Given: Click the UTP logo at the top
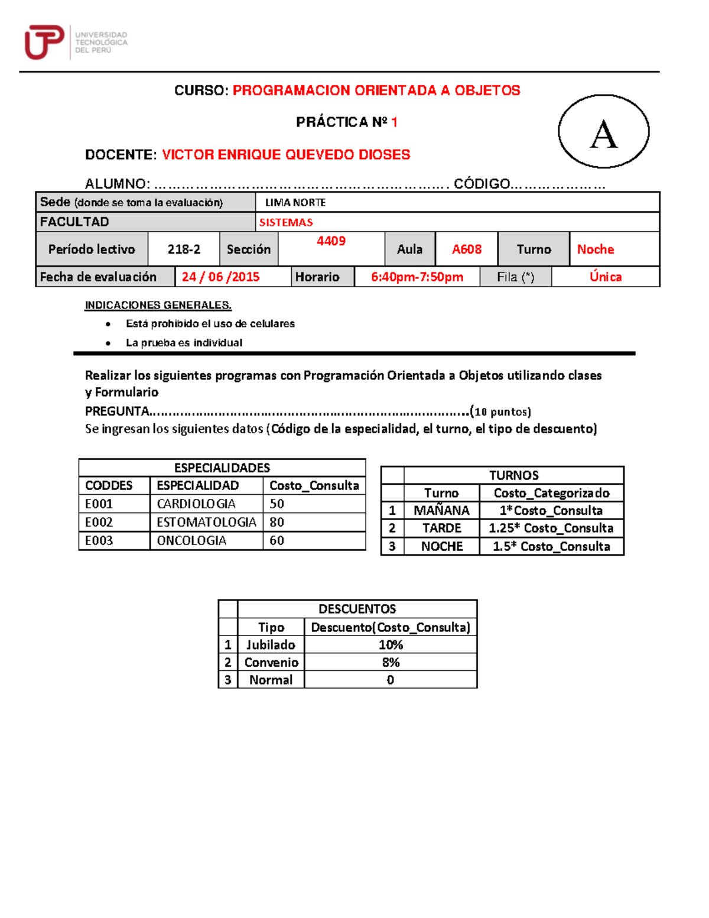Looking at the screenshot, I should pyautogui.click(x=76, y=42).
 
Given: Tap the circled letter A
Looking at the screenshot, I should pyautogui.click(x=603, y=132).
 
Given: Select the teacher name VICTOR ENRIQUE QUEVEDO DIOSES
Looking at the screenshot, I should pyautogui.click(x=286, y=155).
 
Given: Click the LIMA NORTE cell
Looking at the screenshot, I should pyautogui.click(x=295, y=203).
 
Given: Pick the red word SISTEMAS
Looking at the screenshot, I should pyautogui.click(x=286, y=223).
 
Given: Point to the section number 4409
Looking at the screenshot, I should pyautogui.click(x=331, y=241).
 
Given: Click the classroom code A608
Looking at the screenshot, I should pyautogui.click(x=467, y=249).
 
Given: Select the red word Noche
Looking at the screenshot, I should pyautogui.click(x=596, y=249).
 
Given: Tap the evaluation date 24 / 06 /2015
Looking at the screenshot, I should pyautogui.click(x=220, y=277).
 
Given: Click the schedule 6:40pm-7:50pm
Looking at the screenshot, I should pyautogui.click(x=417, y=277).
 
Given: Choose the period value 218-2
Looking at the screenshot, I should pyautogui.click(x=184, y=249).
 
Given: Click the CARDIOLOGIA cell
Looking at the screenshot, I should pyautogui.click(x=196, y=504).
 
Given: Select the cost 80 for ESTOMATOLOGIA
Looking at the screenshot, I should pyautogui.click(x=277, y=523).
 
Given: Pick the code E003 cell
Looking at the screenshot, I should pyautogui.click(x=99, y=541).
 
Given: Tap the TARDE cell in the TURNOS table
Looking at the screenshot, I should pyautogui.click(x=441, y=528).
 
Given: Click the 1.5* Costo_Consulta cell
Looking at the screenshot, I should pyautogui.click(x=551, y=547).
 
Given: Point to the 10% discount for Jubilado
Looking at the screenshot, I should pyautogui.click(x=391, y=645).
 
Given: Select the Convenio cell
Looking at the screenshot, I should pyautogui.click(x=271, y=663).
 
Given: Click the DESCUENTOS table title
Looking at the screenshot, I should pyautogui.click(x=357, y=609).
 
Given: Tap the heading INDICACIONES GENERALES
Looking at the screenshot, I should pyautogui.click(x=158, y=306).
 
